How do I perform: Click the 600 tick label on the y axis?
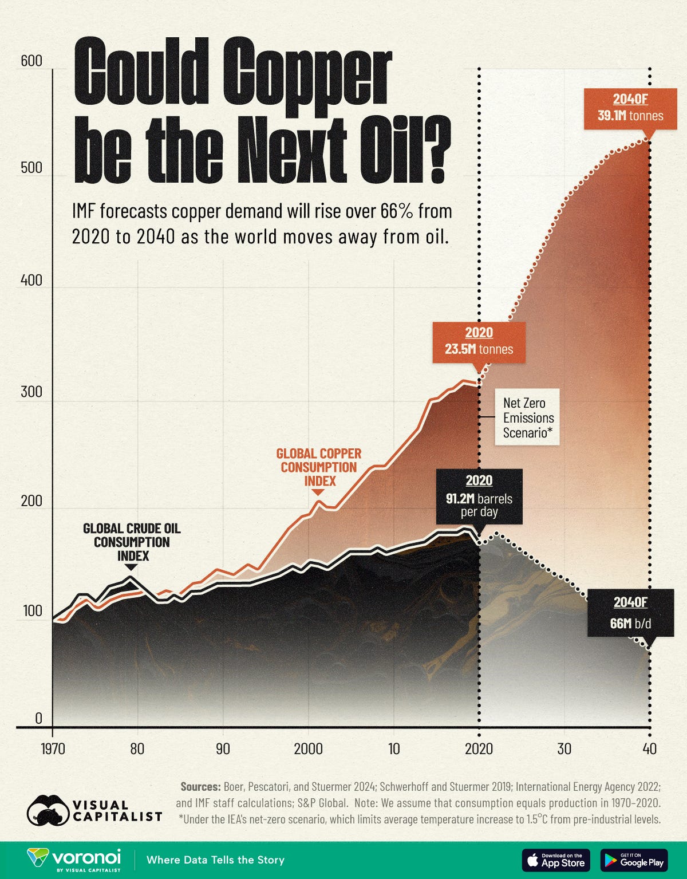coord(31,61)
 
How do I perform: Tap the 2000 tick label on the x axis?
coord(308,748)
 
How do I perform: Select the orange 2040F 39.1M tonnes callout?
coord(630,108)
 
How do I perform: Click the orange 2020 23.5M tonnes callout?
coord(479,341)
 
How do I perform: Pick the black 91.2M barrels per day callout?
coord(479,496)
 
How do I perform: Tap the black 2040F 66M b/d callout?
coord(630,613)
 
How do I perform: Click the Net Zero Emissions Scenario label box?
coord(527,418)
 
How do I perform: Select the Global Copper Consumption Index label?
coord(319,467)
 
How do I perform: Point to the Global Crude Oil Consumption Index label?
coord(132,542)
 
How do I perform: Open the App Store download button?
coord(555,860)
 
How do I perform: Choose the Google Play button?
coord(634,860)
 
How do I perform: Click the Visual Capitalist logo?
coord(94,810)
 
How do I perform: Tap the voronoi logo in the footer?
coord(74,860)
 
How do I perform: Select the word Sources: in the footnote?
coord(200,787)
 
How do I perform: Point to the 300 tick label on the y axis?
coord(31,392)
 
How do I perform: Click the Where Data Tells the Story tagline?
coord(215,860)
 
